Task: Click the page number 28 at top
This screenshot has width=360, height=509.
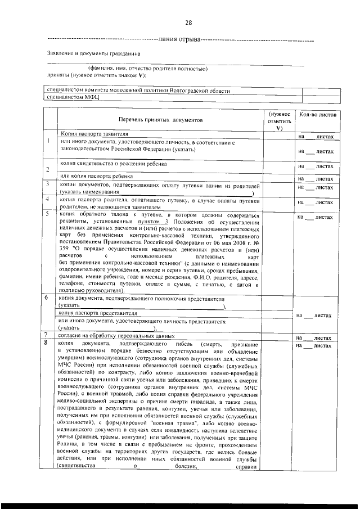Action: (x=188, y=22)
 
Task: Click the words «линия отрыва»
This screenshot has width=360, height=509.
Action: (x=179, y=40)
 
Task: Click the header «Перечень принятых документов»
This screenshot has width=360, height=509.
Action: (x=159, y=120)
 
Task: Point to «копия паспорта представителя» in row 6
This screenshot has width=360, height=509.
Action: (x=98, y=312)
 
